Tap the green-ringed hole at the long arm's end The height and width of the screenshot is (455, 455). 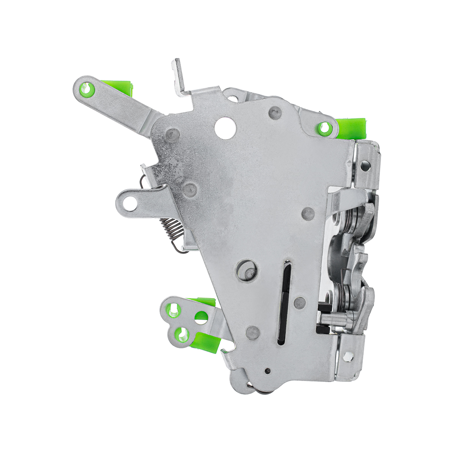[x=87, y=90]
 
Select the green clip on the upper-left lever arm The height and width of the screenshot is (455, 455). [x=121, y=87]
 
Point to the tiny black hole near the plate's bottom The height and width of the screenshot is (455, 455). [x=268, y=371]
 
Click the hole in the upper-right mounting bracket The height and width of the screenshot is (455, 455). [x=365, y=165]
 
